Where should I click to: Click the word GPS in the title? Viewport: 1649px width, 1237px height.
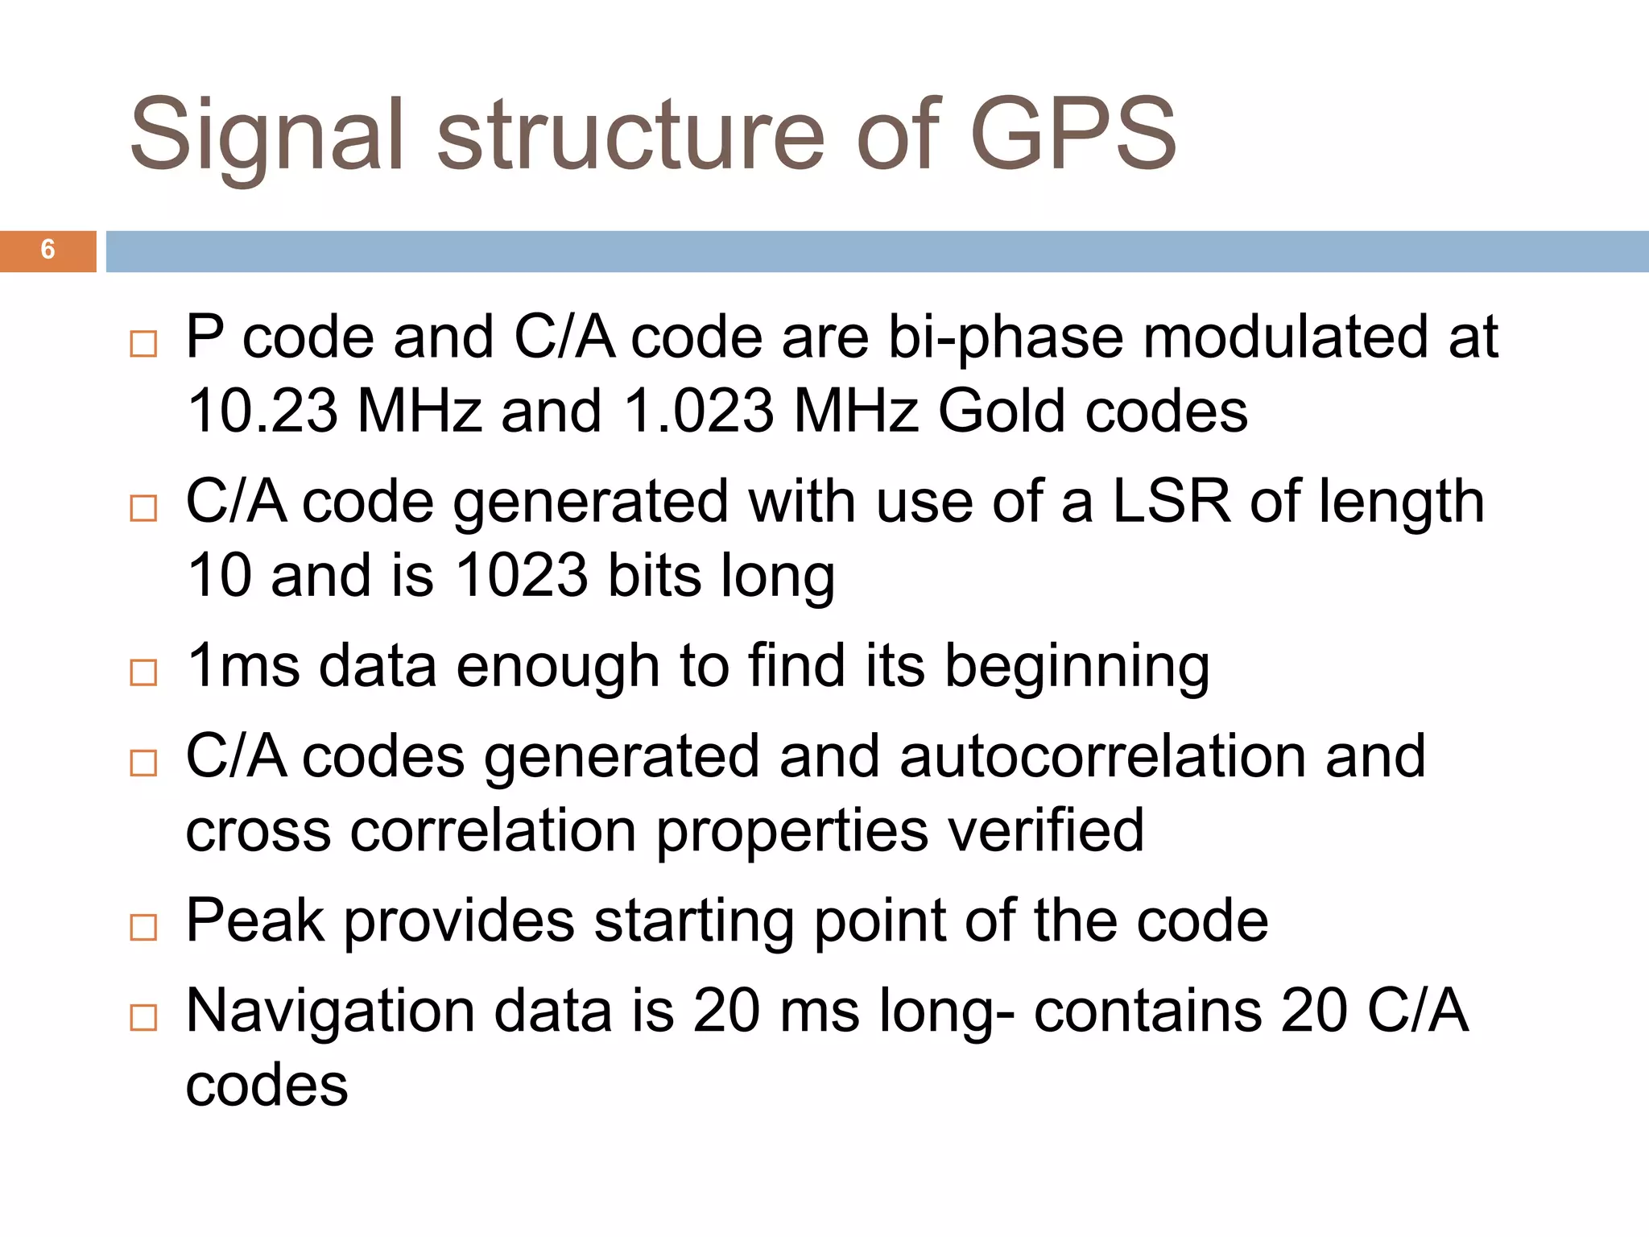tap(1073, 135)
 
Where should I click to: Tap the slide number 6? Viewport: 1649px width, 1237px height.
tap(48, 250)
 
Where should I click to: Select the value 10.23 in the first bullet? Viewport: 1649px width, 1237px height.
tap(262, 412)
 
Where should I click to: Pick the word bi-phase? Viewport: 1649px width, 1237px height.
tap(1006, 337)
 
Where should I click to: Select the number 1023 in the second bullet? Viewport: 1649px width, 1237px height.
tap(522, 576)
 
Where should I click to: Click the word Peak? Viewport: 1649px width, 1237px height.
tap(255, 921)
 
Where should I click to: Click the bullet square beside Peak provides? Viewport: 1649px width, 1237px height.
tap(143, 928)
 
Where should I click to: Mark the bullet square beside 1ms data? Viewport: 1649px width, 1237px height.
tap(143, 672)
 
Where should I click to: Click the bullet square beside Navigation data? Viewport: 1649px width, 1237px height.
tap(143, 1018)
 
